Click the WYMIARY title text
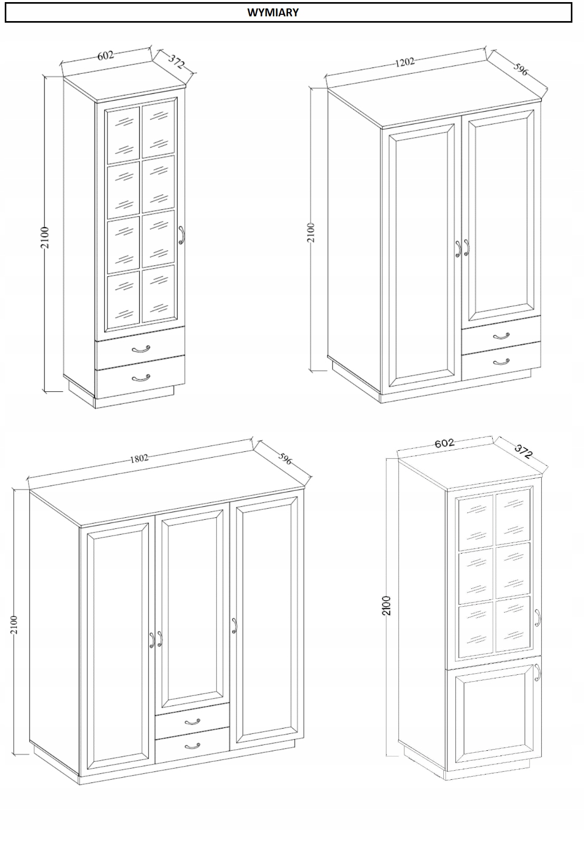click(x=273, y=13)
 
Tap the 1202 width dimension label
click(x=405, y=62)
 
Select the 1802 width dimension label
click(x=139, y=458)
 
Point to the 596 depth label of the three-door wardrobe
click(x=285, y=458)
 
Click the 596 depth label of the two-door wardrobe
click(x=521, y=69)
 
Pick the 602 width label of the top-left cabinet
click(x=105, y=55)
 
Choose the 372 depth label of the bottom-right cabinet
click(x=523, y=451)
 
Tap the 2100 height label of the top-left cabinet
click(x=45, y=237)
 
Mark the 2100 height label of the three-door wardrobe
click(x=14, y=625)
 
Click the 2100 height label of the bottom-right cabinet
click(x=386, y=606)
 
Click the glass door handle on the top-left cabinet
click(x=181, y=235)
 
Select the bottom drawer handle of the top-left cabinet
click(x=141, y=377)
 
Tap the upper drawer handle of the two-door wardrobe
click(x=501, y=336)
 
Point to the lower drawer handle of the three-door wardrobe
click(x=192, y=746)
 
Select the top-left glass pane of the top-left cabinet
click(x=123, y=135)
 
